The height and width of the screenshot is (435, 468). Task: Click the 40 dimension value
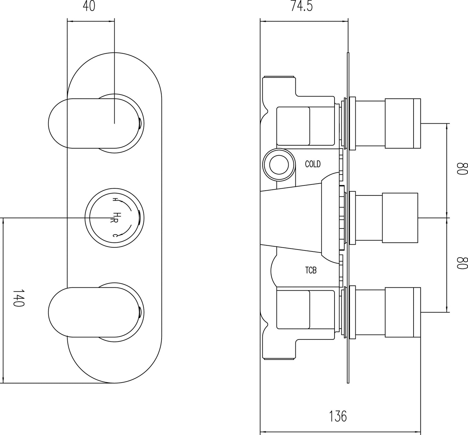[x=89, y=6]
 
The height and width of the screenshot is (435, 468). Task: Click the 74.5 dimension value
[x=302, y=6]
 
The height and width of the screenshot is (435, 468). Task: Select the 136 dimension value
[x=338, y=416]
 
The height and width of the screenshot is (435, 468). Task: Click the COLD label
[x=313, y=164]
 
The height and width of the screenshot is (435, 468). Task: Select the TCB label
[x=311, y=270]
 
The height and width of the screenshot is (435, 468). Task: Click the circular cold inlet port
[x=279, y=164]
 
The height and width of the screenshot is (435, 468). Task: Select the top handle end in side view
[x=403, y=124]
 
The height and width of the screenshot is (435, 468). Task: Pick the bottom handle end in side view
[x=403, y=313]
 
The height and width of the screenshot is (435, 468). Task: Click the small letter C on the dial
[x=115, y=235]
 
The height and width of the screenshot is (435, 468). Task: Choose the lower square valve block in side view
[x=293, y=310]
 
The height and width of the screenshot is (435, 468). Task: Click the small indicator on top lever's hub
[x=140, y=124]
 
